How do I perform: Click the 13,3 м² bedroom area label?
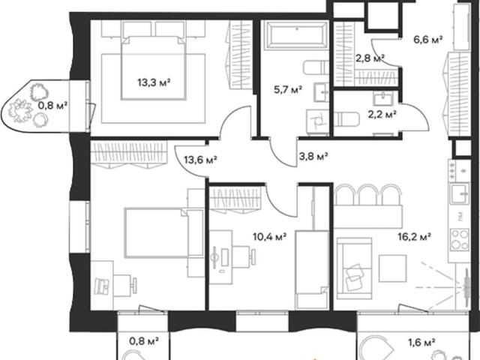(x=154, y=82)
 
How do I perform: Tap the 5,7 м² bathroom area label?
(x=288, y=90)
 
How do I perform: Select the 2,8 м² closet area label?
(x=370, y=58)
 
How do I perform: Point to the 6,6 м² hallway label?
(x=428, y=40)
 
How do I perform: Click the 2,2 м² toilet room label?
(x=382, y=115)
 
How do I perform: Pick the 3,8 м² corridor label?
(x=313, y=157)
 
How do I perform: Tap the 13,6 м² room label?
(x=200, y=160)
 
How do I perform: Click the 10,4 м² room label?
(x=269, y=237)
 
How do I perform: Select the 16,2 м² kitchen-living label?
(x=415, y=237)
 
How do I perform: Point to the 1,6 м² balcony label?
(x=421, y=342)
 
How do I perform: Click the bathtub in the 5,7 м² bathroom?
(x=295, y=34)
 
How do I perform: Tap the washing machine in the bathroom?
(x=317, y=121)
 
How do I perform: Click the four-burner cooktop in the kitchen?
(x=460, y=240)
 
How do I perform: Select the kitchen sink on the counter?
(x=459, y=193)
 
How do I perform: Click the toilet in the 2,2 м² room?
(x=346, y=119)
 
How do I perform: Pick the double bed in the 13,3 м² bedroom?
(x=154, y=68)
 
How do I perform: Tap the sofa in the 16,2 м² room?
(x=354, y=268)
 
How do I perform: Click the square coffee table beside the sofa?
(x=393, y=268)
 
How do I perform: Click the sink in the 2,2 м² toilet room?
(x=382, y=98)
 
